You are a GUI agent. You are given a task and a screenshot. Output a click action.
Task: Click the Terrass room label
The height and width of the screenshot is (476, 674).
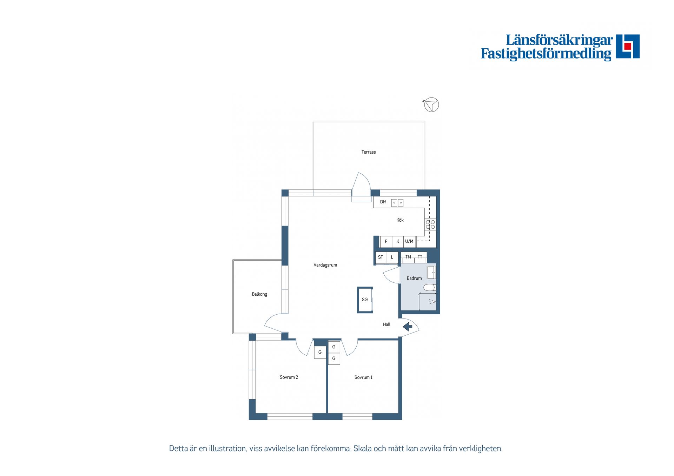[368, 152]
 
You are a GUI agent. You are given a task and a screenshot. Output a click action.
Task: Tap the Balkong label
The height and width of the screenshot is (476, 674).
[259, 294]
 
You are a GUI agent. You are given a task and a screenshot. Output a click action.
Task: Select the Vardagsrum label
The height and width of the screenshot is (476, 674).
[325, 265]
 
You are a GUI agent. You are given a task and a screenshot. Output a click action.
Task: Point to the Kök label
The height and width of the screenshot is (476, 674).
[400, 220]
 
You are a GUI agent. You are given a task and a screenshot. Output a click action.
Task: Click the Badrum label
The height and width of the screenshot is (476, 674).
[414, 278]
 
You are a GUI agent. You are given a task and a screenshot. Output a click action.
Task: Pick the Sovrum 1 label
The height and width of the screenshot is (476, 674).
[363, 377]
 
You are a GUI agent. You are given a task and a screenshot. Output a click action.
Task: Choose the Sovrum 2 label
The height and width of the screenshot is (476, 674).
[289, 377]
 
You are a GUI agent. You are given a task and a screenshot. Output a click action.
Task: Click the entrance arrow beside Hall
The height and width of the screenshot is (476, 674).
[407, 327]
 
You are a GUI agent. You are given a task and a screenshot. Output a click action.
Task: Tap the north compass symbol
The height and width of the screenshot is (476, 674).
[431, 105]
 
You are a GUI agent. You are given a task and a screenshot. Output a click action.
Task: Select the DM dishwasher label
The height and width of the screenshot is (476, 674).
[383, 202]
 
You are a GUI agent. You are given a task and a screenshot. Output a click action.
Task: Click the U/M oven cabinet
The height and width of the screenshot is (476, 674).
[409, 241]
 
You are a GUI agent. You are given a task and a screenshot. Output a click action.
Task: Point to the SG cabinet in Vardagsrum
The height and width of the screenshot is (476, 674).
[365, 300]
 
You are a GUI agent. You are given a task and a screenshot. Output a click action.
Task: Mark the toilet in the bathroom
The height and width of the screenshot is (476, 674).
[430, 288]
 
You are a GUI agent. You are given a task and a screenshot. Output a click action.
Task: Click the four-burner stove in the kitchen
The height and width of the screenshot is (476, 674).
[430, 224]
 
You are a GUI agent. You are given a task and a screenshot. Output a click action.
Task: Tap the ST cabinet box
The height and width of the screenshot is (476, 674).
[381, 257]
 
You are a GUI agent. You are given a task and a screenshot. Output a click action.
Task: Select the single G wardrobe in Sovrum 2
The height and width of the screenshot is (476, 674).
[320, 352]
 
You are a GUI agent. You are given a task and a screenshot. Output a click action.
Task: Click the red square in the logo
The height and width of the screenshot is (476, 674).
[628, 46]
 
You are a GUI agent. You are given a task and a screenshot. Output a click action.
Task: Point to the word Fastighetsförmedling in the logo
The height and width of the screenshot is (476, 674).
[546, 54]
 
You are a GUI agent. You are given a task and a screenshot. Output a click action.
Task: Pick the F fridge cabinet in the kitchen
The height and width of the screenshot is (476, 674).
[386, 241]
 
